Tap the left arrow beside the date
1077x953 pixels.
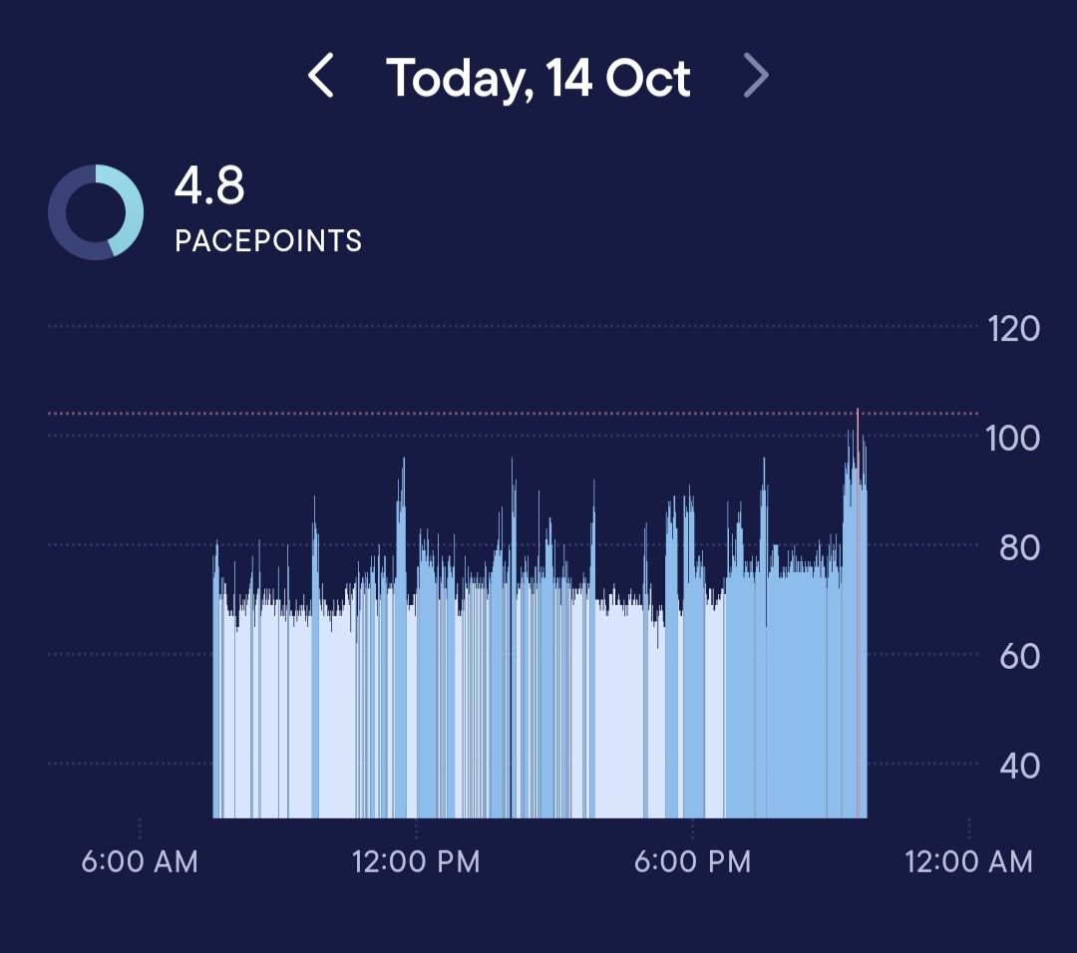pos(320,77)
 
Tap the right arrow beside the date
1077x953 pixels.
pos(757,77)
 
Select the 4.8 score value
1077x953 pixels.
pos(209,185)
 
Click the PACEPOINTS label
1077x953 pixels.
pos(267,241)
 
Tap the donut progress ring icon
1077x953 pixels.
pos(96,212)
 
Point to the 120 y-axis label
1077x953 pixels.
pos(1013,328)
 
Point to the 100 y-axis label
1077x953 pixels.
pos(1013,438)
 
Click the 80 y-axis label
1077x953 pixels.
pos(1019,547)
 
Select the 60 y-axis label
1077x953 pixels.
pos(1019,656)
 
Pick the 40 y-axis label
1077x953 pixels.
pos(1019,766)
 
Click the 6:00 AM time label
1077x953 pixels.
pos(140,861)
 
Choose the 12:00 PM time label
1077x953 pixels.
pos(416,861)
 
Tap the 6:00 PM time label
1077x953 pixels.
pos(692,861)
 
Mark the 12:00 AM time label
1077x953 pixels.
pos(968,861)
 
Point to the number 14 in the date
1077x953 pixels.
pos(568,78)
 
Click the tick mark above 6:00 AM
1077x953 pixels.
pos(140,828)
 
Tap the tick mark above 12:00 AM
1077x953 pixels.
pos(968,828)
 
